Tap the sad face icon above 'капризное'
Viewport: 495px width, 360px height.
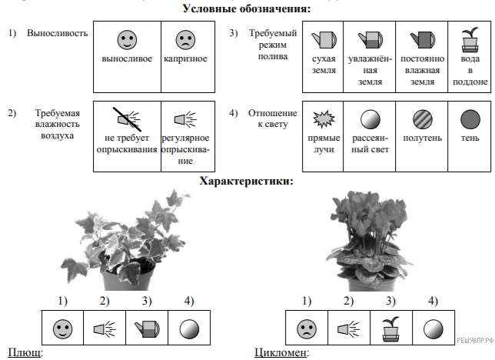pyautogui.click(x=184, y=39)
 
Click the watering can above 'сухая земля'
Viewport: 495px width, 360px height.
pyautogui.click(x=321, y=38)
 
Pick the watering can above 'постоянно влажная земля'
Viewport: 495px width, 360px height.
pyautogui.click(x=420, y=38)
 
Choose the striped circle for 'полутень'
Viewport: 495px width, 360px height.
pyautogui.click(x=420, y=120)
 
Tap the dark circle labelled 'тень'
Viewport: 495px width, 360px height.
pyautogui.click(x=469, y=120)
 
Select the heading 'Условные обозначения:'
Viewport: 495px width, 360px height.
pyautogui.click(x=247, y=9)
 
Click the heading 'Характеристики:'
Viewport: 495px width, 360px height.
pyautogui.click(x=246, y=182)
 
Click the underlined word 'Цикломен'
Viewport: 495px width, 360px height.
pyautogui.click(x=281, y=353)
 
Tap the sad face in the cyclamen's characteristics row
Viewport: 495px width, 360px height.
pyautogui.click(x=307, y=329)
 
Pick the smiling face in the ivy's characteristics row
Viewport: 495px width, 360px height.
pyautogui.click(x=61, y=329)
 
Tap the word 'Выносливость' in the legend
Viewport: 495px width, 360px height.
pyautogui.click(x=57, y=34)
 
